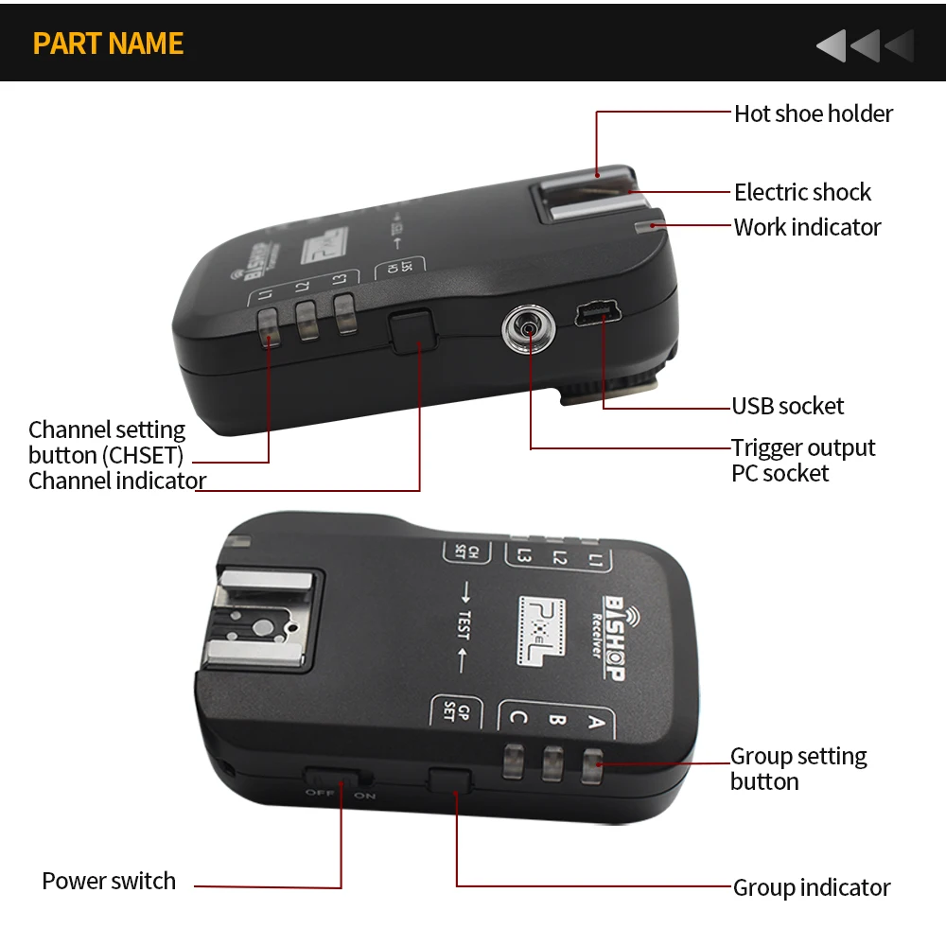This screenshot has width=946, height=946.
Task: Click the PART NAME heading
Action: click(x=108, y=44)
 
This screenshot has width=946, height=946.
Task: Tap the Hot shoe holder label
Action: click(x=813, y=114)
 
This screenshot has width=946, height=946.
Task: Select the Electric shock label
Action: click(x=802, y=193)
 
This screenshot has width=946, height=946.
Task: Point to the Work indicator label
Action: click(x=807, y=228)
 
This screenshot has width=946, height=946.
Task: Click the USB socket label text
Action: click(x=787, y=407)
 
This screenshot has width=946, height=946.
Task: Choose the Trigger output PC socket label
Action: click(x=802, y=461)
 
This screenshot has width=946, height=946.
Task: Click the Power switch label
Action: click(x=109, y=882)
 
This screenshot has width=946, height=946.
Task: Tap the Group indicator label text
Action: click(x=811, y=888)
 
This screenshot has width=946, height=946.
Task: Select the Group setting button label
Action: click(x=797, y=769)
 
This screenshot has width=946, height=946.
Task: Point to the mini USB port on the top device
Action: click(x=593, y=314)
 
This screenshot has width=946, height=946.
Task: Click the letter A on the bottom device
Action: click(x=595, y=724)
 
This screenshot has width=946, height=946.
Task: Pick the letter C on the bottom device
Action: click(x=517, y=717)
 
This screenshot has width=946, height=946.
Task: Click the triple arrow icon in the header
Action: click(x=866, y=45)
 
